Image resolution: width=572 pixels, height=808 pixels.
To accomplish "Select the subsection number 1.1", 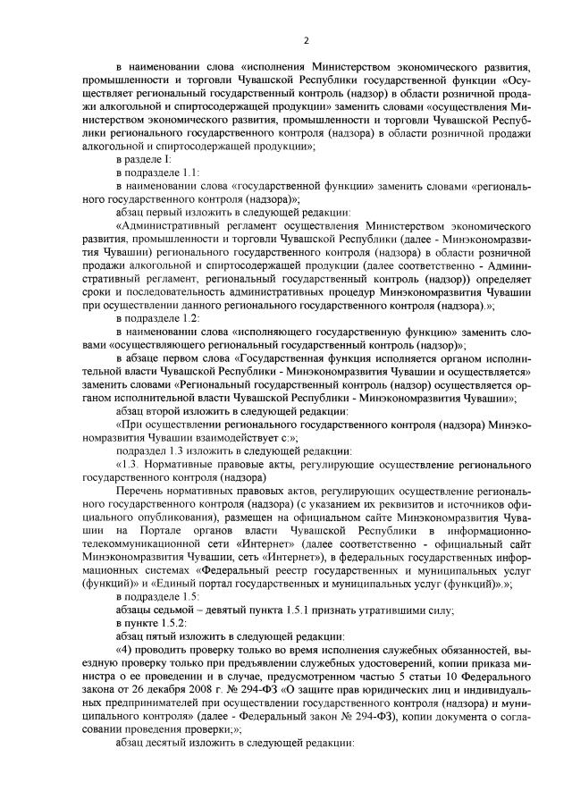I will pos(190,172).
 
